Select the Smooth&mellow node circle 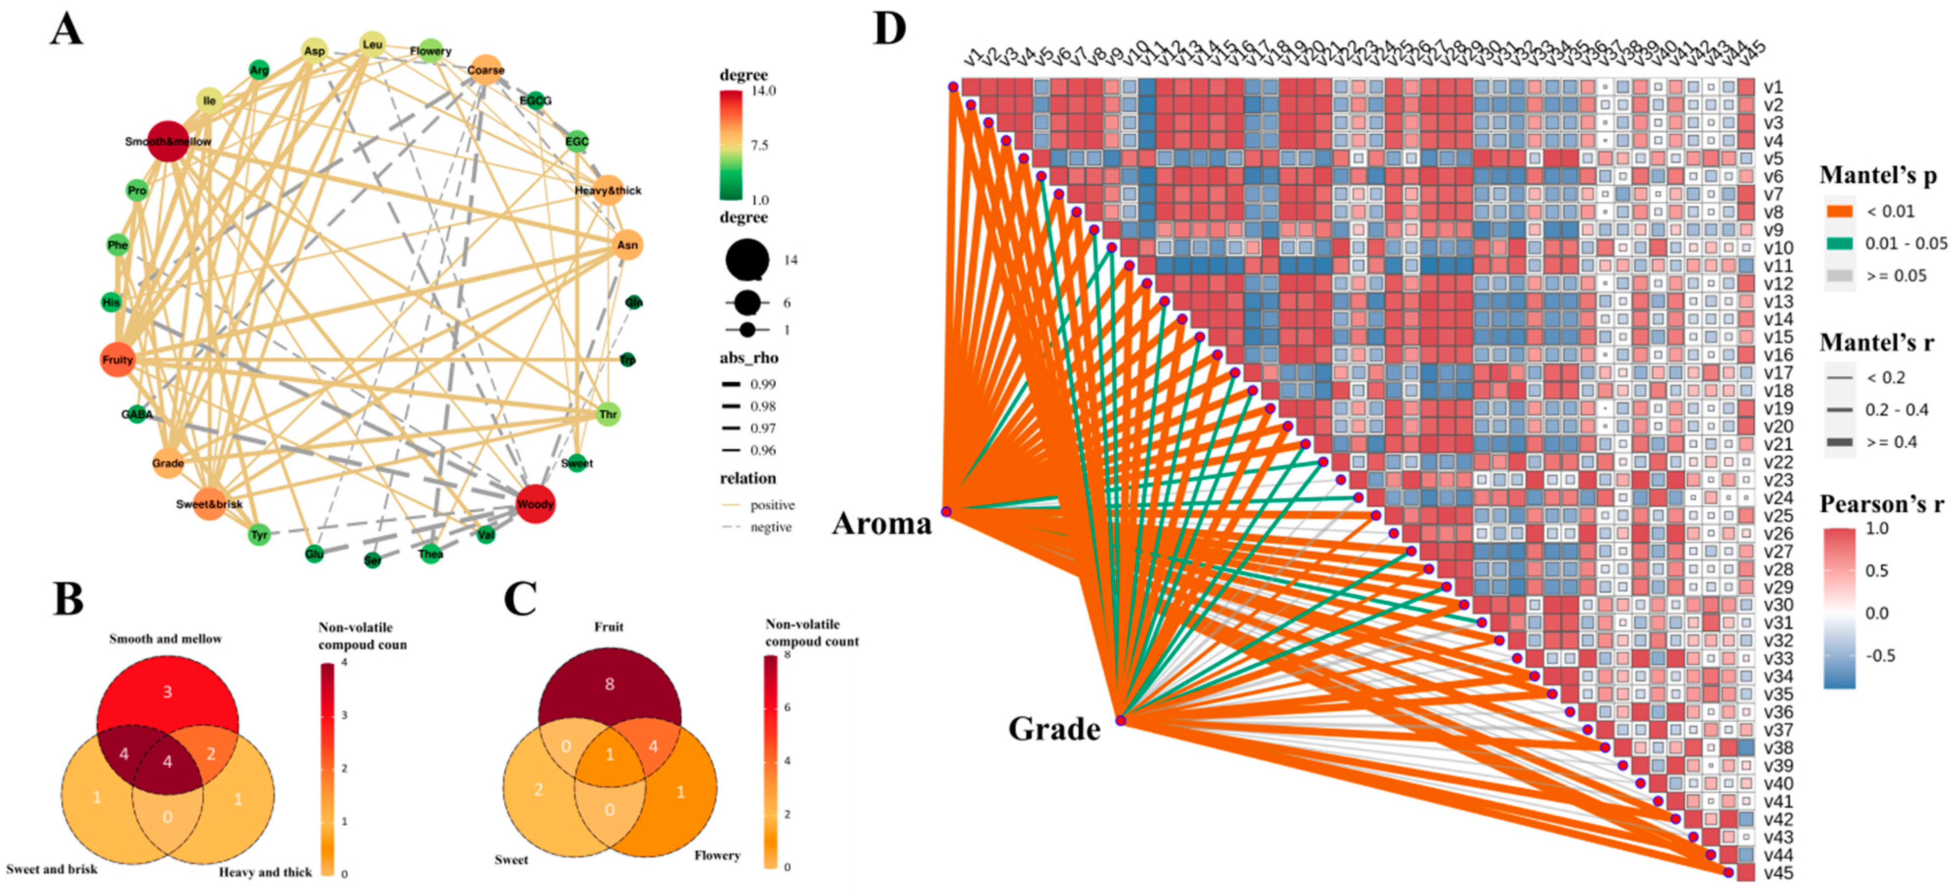click(x=168, y=141)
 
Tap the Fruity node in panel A click(x=117, y=360)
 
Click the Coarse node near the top click(x=486, y=70)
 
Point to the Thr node click(x=608, y=414)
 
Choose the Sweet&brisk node click(x=209, y=504)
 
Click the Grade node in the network click(x=168, y=463)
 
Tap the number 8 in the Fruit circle click(x=609, y=684)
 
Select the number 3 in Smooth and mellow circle click(x=167, y=692)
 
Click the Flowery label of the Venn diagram click(x=716, y=855)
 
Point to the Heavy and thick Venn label click(x=265, y=872)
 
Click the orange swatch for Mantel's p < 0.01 click(x=1840, y=211)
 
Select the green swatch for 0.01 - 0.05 click(x=1840, y=243)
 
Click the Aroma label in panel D click(x=881, y=523)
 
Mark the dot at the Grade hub click(x=1120, y=720)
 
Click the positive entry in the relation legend click(x=772, y=505)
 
